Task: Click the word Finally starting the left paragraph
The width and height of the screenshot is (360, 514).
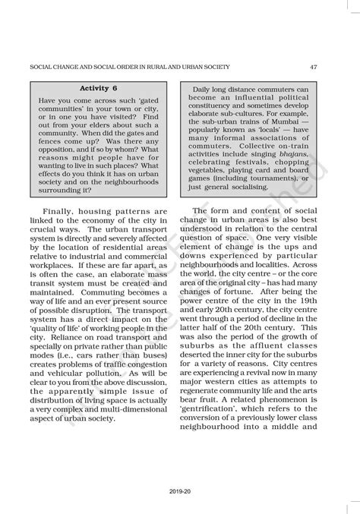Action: (x=62, y=210)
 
